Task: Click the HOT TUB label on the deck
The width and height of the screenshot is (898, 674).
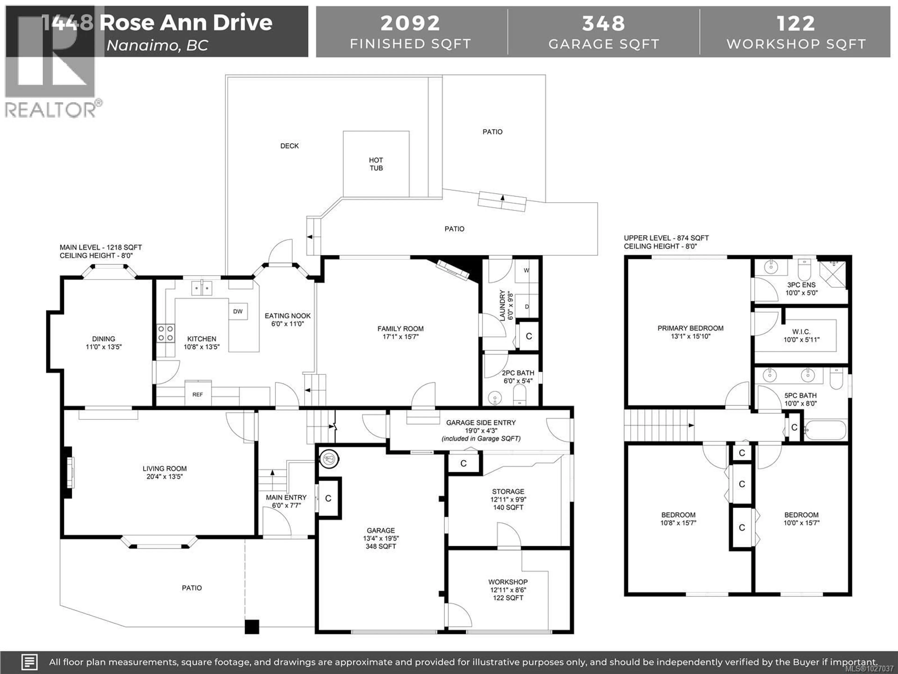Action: pyautogui.click(x=376, y=164)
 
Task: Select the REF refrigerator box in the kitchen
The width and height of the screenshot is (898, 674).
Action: pyautogui.click(x=198, y=394)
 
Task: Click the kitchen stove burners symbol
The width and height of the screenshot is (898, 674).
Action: pyautogui.click(x=166, y=333)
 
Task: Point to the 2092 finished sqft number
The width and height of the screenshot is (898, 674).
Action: pyautogui.click(x=410, y=23)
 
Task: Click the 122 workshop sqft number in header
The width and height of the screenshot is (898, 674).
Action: pyautogui.click(x=796, y=23)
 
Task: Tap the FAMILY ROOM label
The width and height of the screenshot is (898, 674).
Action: pyautogui.click(x=400, y=329)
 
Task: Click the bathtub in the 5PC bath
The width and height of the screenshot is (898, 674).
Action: pyautogui.click(x=825, y=430)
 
